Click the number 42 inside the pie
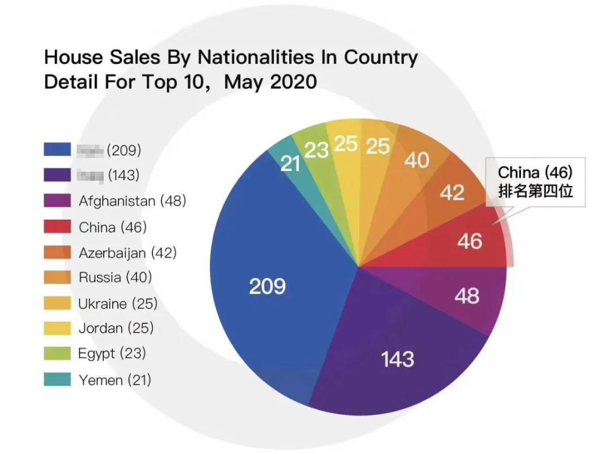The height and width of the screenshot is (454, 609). pyautogui.click(x=452, y=193)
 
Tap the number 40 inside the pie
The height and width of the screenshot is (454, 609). pyautogui.click(x=417, y=161)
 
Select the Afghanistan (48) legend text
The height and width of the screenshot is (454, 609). pyautogui.click(x=132, y=200)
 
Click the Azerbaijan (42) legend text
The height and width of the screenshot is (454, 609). pyautogui.click(x=127, y=252)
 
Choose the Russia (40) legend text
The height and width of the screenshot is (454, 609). pyautogui.click(x=115, y=277)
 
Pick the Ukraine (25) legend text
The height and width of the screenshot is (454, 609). pyautogui.click(x=117, y=303)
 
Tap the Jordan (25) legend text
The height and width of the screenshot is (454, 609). pyautogui.click(x=116, y=328)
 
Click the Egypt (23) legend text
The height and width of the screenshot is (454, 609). pyautogui.click(x=112, y=353)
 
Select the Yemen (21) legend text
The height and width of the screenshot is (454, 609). pyautogui.click(x=114, y=380)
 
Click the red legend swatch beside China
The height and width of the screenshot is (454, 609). pyautogui.click(x=58, y=227)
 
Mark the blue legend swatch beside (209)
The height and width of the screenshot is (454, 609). pyautogui.click(x=58, y=149)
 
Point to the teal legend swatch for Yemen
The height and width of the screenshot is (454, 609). pyautogui.click(x=58, y=380)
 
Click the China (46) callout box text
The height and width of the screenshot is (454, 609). pyautogui.click(x=535, y=172)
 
